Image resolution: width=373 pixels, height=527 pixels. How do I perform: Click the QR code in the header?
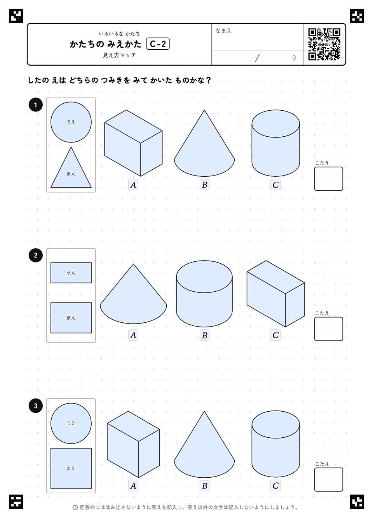pyautogui.click(x=324, y=44)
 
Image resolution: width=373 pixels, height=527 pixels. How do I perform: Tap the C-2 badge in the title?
pyautogui.click(x=158, y=44)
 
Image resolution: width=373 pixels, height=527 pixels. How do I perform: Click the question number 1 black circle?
pyautogui.click(x=35, y=105)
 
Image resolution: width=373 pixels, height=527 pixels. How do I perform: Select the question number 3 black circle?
pyautogui.click(x=35, y=405)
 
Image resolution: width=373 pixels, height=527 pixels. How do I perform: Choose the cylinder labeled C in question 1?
pyautogui.click(x=275, y=143)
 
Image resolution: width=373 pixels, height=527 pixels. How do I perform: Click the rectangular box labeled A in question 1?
pyautogui.click(x=133, y=143)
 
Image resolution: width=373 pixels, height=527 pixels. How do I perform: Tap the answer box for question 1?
pyautogui.click(x=329, y=179)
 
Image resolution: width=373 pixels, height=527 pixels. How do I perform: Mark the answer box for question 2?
pyautogui.click(x=329, y=329)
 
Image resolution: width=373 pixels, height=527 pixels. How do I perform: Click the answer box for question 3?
pyautogui.click(x=329, y=479)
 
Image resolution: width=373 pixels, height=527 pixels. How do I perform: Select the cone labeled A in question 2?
pyautogui.click(x=133, y=294)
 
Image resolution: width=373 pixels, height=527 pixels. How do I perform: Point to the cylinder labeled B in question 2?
pyautogui.click(x=204, y=294)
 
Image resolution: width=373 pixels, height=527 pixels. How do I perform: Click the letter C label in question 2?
pyautogui.click(x=275, y=335)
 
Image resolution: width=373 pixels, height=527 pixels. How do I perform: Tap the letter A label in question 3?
pyautogui.click(x=133, y=485)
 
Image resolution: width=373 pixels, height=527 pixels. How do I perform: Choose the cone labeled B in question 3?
pyautogui.click(x=204, y=444)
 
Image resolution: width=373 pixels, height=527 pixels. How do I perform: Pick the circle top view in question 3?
pyautogui.click(x=71, y=423)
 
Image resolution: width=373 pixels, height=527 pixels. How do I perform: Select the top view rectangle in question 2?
pyautogui.click(x=71, y=273)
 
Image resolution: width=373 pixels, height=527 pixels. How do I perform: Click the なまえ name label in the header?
pyautogui.click(x=223, y=31)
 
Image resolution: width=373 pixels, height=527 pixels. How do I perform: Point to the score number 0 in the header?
pyautogui.click(x=294, y=58)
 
